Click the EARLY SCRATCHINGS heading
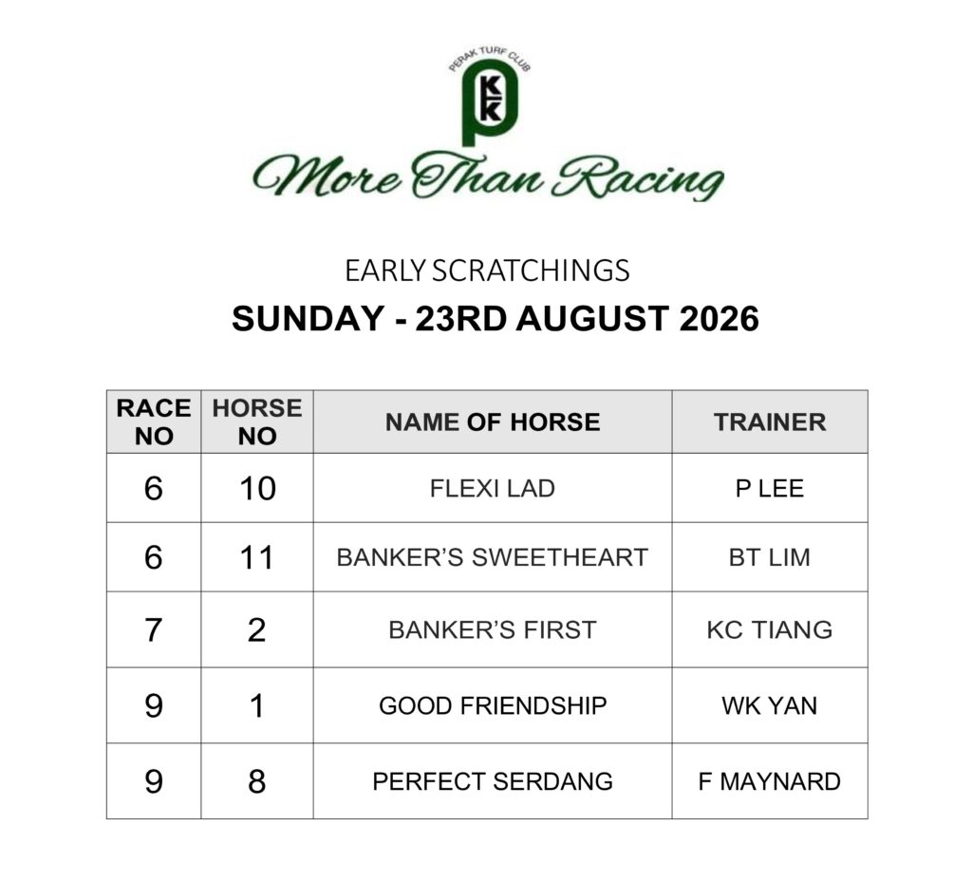coord(487,271)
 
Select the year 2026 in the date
coord(720,319)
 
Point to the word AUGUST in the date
coord(591,319)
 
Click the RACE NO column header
coord(154,422)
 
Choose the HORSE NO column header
coord(257,422)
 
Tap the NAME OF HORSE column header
coord(493,422)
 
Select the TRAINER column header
coord(770,422)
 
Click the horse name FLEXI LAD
coord(493,489)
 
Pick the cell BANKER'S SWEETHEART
coord(493,557)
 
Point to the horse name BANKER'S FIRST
coord(493,630)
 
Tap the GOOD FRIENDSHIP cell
coord(493,705)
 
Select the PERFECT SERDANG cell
coord(493,781)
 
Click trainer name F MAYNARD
coord(770,781)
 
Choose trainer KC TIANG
coord(770,630)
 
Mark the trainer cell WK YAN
coord(770,705)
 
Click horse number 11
coord(257,557)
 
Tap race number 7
coord(153,630)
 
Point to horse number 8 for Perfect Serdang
coord(257,781)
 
